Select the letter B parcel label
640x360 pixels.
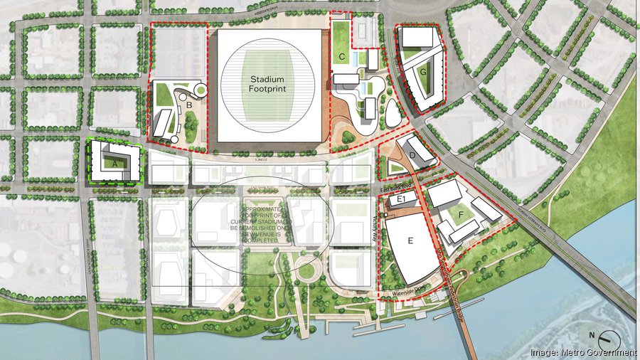[x=189, y=105]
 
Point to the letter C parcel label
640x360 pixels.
[x=342, y=55]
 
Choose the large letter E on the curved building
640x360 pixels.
[x=410, y=241]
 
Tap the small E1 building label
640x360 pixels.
[x=401, y=199]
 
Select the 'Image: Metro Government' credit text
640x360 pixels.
[x=583, y=352]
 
